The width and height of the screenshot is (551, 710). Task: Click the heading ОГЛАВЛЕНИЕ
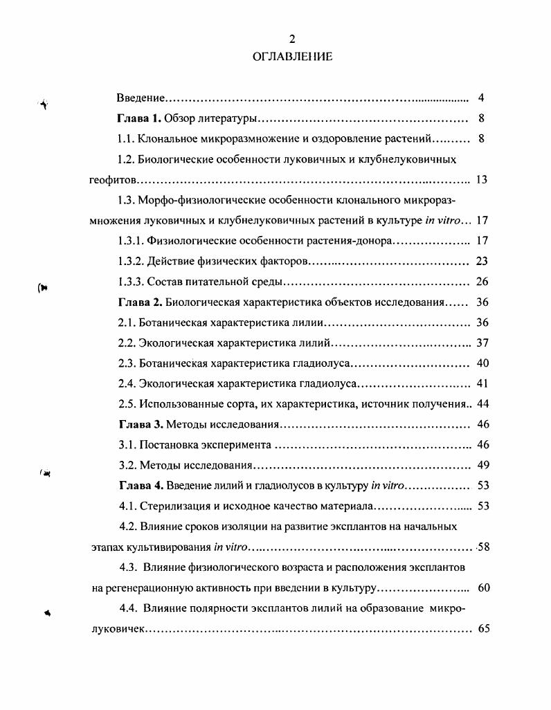tap(292, 57)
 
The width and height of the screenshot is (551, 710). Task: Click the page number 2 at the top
tap(292, 39)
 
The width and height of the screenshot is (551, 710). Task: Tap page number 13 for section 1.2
tap(482, 180)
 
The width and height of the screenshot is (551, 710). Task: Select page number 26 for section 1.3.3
tap(482, 282)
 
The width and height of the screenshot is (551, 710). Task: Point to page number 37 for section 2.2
tap(482, 343)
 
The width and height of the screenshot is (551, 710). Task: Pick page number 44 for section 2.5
tap(482, 404)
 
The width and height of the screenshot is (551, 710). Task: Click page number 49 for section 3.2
tap(482, 465)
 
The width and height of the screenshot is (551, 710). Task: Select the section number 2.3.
tap(126, 363)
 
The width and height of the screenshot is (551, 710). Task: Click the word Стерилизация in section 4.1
tap(170, 506)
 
